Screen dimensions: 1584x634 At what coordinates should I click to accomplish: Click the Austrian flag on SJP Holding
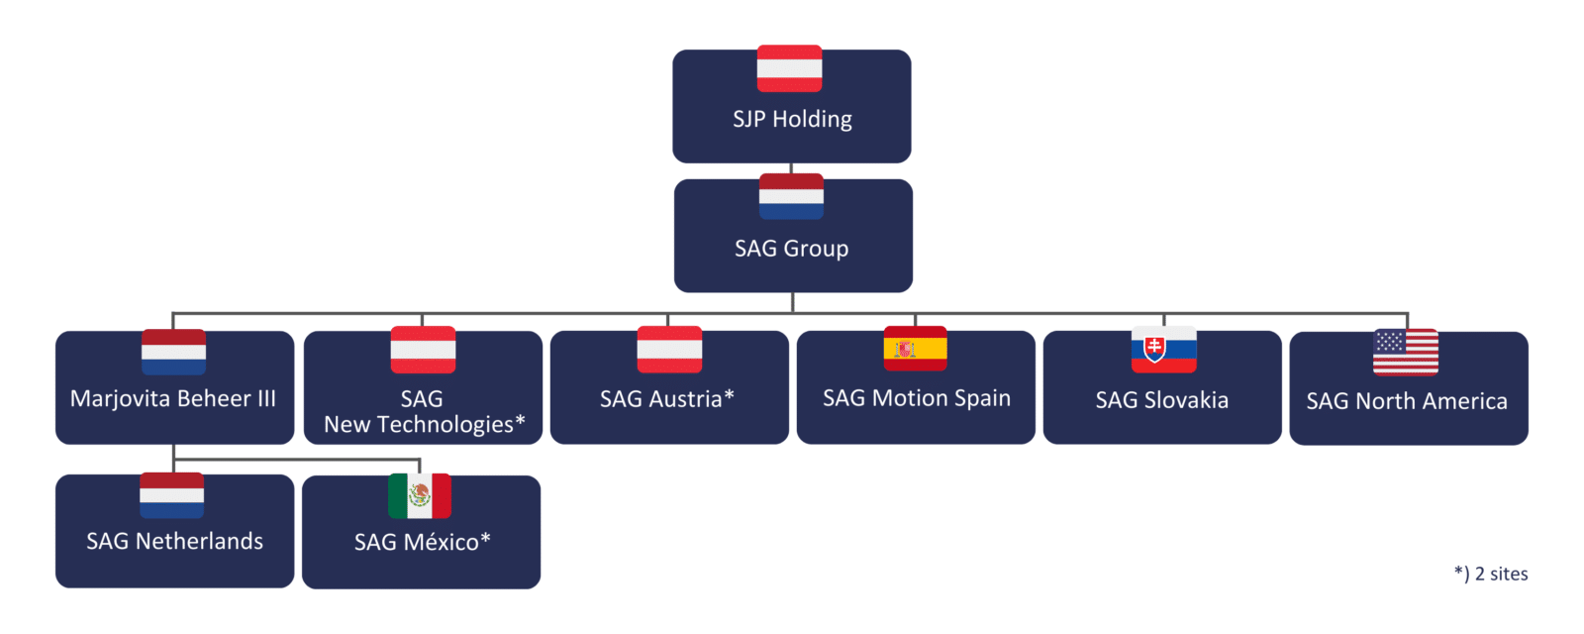click(x=789, y=68)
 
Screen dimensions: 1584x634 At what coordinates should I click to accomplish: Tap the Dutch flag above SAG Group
click(x=791, y=197)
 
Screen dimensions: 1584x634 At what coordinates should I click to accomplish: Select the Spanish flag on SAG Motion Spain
click(x=915, y=349)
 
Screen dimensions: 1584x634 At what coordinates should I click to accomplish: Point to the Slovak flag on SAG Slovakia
click(x=1164, y=350)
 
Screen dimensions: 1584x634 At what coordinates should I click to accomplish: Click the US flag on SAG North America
click(x=1406, y=353)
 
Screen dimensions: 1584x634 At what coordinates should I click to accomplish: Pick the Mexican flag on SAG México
click(x=420, y=496)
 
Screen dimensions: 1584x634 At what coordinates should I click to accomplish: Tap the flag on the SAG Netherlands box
click(x=172, y=495)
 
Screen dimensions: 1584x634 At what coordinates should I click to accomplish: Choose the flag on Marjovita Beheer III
click(x=173, y=352)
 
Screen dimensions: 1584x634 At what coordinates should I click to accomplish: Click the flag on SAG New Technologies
click(x=423, y=350)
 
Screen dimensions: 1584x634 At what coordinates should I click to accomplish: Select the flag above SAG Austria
click(x=669, y=350)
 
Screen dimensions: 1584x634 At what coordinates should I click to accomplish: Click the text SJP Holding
click(x=792, y=119)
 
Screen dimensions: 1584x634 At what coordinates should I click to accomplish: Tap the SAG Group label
click(x=791, y=249)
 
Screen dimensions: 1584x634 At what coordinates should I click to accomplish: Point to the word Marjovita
click(x=120, y=398)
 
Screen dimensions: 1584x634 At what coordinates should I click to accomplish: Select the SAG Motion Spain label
click(x=917, y=398)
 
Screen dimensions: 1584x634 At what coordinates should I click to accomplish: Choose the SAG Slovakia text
click(x=1162, y=400)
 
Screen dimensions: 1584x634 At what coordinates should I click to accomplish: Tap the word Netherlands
click(x=199, y=541)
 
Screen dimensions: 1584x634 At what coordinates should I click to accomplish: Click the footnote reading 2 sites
click(x=1501, y=574)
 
